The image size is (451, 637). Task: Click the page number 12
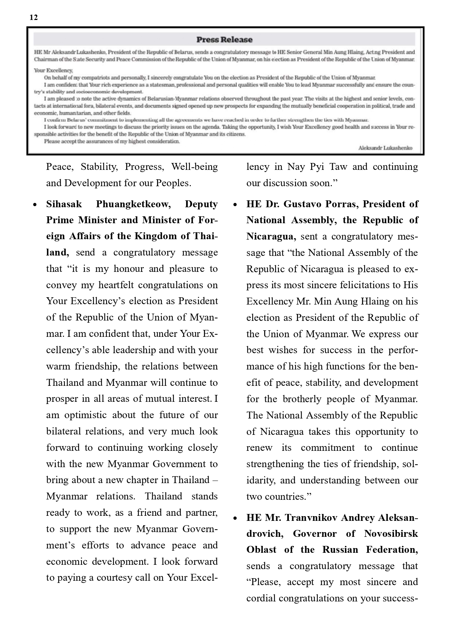(33, 17)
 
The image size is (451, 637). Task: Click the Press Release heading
(224, 40)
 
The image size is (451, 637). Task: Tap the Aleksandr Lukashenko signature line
(385, 148)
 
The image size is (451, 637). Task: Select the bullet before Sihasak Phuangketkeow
(35, 205)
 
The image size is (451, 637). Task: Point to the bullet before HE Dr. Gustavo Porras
(235, 205)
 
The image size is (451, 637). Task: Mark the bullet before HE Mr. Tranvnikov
(235, 518)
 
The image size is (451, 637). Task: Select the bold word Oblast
(261, 550)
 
